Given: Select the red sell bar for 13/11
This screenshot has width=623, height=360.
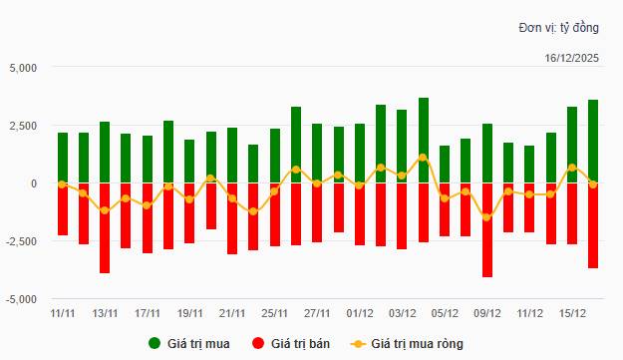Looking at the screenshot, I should [x=105, y=227].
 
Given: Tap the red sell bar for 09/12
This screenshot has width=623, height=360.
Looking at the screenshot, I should [x=486, y=229].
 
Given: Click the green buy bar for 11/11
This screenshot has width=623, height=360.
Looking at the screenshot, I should [x=62, y=158].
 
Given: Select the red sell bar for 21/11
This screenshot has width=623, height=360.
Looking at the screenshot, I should [x=232, y=218].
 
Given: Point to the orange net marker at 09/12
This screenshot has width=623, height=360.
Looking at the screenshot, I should [x=486, y=216].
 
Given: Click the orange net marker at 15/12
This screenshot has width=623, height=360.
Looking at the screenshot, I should [x=571, y=168].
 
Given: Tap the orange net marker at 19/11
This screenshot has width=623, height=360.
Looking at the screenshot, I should [x=189, y=199].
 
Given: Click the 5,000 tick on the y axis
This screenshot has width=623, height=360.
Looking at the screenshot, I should [x=20, y=68].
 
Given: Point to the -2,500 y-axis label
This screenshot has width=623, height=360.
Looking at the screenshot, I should [x=18, y=241].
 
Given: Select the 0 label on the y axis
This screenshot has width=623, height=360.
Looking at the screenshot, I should [x=33, y=183].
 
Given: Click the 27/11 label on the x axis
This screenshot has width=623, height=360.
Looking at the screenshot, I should [x=317, y=312].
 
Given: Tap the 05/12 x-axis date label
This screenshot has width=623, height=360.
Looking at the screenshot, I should [x=445, y=312].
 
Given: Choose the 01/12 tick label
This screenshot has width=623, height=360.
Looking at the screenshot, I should [x=360, y=312].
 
